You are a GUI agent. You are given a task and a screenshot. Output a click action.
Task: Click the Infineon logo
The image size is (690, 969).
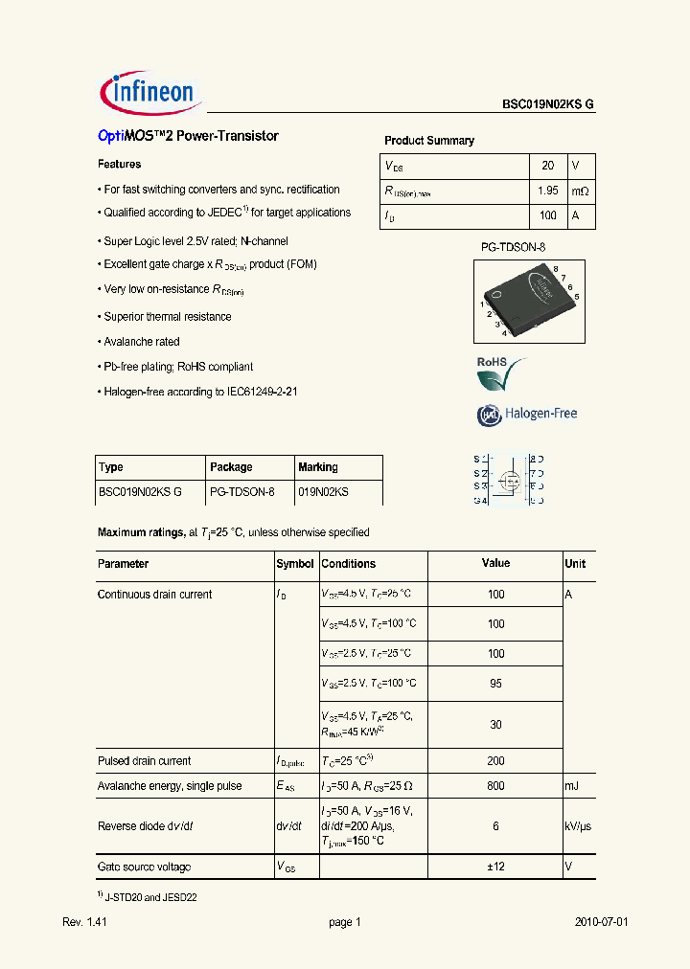tap(149, 92)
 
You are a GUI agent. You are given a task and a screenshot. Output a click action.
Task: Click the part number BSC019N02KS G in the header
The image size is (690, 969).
tap(548, 106)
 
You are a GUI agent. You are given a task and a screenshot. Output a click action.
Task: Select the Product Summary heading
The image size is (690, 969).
tap(428, 141)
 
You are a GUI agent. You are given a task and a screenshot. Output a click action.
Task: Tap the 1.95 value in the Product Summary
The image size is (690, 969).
tap(547, 192)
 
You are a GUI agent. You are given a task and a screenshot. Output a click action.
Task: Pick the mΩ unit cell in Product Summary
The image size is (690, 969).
tap(581, 192)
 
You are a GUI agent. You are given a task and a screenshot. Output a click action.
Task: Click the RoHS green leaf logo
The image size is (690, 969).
tap(501, 373)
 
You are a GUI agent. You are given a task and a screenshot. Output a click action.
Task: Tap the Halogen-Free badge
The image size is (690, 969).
tap(527, 415)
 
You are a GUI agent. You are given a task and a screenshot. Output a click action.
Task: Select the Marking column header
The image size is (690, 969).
tap(318, 467)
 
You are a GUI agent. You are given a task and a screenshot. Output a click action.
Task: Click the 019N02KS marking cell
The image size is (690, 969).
tap(323, 492)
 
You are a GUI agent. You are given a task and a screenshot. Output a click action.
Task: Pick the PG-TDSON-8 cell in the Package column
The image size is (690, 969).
tap(242, 492)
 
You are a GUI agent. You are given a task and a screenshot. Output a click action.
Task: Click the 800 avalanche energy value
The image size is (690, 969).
tap(495, 786)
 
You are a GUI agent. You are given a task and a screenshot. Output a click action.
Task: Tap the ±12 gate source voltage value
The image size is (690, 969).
tap(495, 867)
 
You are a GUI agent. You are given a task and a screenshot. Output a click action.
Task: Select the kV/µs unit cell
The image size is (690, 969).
tap(579, 824)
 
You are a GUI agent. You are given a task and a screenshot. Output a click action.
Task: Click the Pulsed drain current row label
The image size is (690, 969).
tap(145, 761)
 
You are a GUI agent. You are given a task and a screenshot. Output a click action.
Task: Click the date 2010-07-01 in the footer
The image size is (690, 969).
tap(601, 922)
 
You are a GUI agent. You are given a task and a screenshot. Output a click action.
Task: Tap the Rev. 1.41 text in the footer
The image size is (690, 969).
tap(83, 922)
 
